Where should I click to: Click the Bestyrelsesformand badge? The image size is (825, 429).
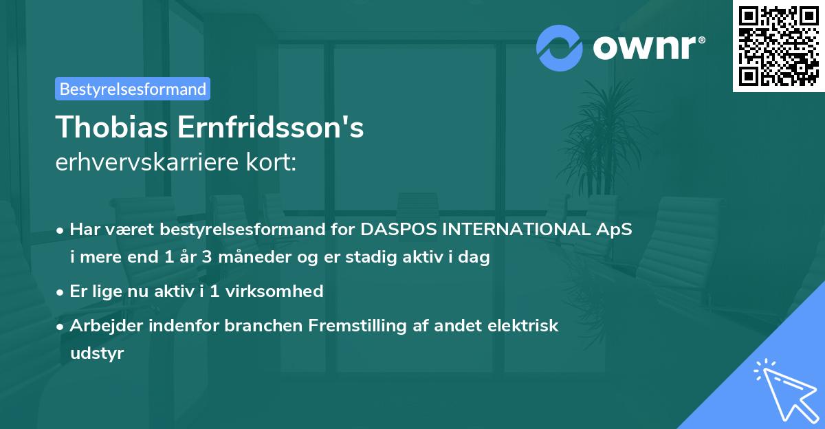click(133, 89)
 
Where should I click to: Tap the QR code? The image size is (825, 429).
click(779, 46)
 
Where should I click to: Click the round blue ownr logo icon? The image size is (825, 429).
click(560, 47)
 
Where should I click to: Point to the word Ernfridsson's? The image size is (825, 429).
click(270, 127)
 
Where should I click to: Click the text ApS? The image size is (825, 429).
click(615, 229)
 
